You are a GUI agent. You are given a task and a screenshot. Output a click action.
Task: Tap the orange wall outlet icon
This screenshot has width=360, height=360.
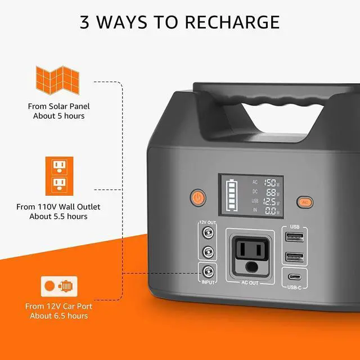tap(58, 175)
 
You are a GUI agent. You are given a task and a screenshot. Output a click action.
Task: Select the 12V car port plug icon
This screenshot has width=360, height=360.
tap(58, 286)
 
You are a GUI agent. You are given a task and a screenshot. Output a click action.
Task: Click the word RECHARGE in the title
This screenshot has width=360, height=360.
tap(232, 22)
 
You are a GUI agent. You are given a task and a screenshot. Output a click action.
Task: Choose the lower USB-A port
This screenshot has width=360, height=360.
tap(295, 257)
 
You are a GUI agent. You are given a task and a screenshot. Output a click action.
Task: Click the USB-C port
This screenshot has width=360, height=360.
tap(295, 277)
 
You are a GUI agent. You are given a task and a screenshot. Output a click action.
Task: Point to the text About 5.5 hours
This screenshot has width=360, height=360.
tap(58, 216)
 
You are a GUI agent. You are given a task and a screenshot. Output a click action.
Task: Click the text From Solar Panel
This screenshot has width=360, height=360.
tap(58, 106)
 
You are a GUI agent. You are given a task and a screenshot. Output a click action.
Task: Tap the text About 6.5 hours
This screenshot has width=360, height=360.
tap(58, 316)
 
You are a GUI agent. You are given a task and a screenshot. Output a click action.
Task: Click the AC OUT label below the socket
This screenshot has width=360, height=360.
tap(250, 282)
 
